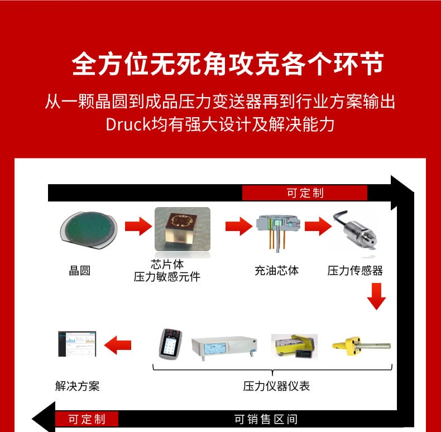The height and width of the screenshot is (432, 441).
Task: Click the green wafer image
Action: pos(89,230)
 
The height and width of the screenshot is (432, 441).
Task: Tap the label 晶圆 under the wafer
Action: pos(80,271)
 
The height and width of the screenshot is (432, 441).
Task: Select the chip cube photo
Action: pos(183,229)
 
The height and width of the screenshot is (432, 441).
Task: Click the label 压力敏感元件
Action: pos(167,277)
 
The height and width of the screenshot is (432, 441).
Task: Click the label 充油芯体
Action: pos(276,271)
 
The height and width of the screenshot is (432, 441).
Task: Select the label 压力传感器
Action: pos(355,271)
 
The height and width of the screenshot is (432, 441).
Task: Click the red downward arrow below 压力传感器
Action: pos(376,296)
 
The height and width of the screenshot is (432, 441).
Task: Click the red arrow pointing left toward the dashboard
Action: pos(118,345)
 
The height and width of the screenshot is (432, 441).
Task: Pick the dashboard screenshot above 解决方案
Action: pos(77,344)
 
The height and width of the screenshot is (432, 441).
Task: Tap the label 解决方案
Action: pos(78,386)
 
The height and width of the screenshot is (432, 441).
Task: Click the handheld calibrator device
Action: pos(170,344)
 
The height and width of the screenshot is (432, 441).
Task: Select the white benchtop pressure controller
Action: pos(224,347)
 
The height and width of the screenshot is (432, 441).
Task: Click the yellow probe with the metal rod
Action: pos(362,345)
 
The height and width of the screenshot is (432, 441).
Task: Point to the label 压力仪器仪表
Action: pos(276,386)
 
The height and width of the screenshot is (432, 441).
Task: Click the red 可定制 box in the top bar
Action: pos(305,193)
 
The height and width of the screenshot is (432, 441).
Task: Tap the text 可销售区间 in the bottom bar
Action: pos(266,419)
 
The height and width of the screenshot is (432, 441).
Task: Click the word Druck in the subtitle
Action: pos(128,124)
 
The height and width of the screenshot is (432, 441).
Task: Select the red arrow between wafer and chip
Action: pos(138,226)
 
